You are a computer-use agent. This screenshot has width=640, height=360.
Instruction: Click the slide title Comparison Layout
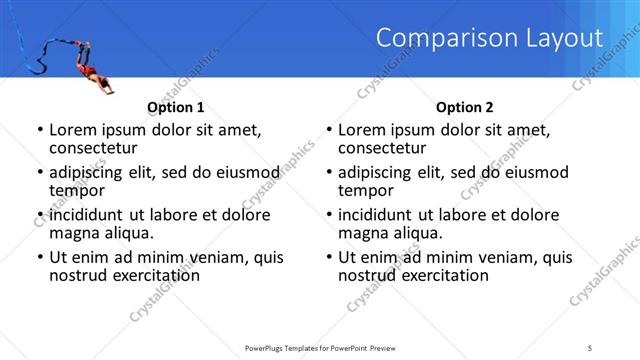point(490,39)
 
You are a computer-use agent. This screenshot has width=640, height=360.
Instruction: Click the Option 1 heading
point(176,107)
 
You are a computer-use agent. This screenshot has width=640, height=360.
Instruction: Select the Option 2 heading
point(465,107)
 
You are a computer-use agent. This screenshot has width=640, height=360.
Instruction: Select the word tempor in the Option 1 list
point(78,190)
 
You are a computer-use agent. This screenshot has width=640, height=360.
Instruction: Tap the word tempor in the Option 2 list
point(367,190)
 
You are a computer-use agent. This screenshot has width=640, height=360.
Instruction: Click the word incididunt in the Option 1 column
point(87,215)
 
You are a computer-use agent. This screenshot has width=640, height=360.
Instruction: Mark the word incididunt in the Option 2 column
point(376,215)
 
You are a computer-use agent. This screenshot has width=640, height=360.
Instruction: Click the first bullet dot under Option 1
point(39,130)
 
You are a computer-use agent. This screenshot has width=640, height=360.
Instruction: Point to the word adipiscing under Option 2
point(377,172)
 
